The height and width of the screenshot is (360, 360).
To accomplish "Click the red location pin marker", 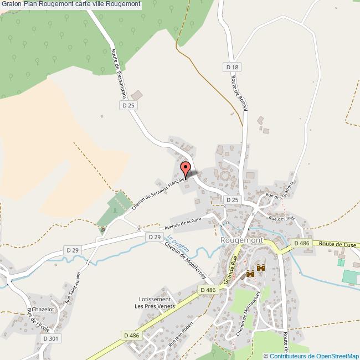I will point(186,168).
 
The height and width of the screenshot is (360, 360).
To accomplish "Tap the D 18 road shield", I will point(233,67).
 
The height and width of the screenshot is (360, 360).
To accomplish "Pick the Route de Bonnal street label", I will point(238,93).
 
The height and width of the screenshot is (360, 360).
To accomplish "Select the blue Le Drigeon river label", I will point(178,243).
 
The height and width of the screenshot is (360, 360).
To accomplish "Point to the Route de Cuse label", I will point(337,244).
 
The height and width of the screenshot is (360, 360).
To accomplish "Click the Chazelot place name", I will point(43,309).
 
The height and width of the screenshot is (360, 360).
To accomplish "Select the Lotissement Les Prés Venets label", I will point(155,302).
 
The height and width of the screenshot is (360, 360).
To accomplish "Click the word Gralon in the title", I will point(12,4).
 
